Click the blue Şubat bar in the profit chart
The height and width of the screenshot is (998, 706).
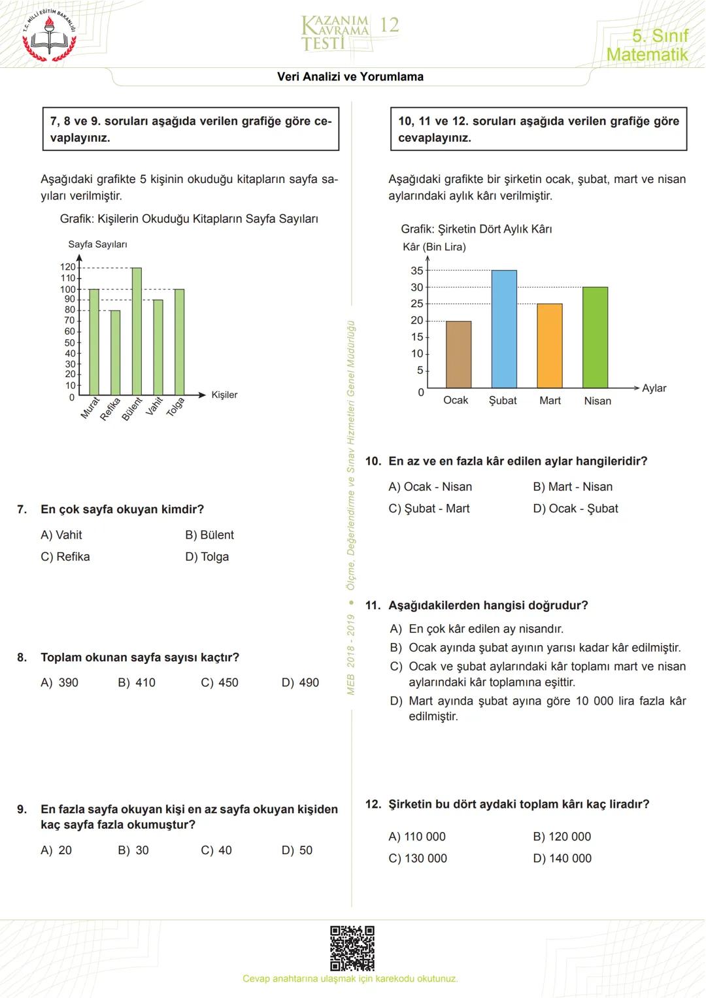click(504, 329)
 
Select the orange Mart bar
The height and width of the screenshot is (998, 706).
click(550, 346)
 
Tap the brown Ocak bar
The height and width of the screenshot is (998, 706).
click(458, 354)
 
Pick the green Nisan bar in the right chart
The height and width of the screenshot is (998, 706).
click(595, 337)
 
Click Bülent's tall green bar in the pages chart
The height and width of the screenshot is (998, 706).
click(137, 331)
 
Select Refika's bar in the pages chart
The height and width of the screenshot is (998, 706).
click(115, 352)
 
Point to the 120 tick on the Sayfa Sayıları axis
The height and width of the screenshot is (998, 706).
click(68, 267)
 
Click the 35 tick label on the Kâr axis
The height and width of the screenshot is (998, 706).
click(416, 271)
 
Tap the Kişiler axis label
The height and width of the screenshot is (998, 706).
click(224, 395)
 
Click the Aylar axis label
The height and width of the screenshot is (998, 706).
click(654, 388)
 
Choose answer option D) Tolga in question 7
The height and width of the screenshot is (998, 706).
click(207, 557)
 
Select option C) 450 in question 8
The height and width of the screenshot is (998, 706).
click(220, 682)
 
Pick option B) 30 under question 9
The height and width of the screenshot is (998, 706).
click(133, 850)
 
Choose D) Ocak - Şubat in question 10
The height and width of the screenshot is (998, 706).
click(575, 508)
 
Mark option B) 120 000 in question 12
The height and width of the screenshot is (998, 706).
click(562, 837)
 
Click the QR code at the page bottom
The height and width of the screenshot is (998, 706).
click(352, 948)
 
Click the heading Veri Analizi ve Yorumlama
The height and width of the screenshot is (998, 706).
click(350, 76)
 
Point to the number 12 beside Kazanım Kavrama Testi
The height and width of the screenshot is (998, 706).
click(389, 25)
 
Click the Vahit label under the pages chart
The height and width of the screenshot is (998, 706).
click(154, 407)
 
